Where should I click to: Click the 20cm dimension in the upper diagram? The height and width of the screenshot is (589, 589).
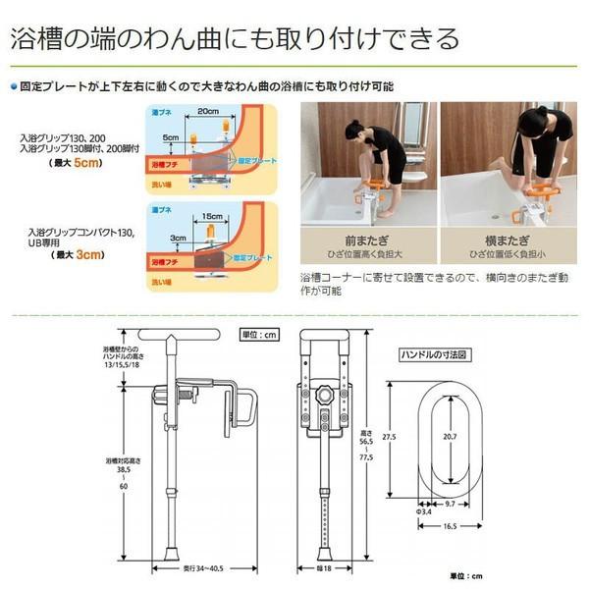[x=207, y=111]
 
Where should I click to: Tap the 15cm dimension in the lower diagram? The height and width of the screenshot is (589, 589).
[x=208, y=215]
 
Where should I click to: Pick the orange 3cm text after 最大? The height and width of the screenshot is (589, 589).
[x=87, y=257]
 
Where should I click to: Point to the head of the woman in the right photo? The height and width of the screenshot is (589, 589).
[x=531, y=123]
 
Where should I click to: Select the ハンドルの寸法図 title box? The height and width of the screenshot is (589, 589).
[x=437, y=354]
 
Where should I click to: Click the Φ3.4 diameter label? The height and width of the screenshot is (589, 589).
[x=425, y=511]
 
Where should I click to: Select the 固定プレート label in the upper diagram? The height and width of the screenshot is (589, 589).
[x=249, y=158]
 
